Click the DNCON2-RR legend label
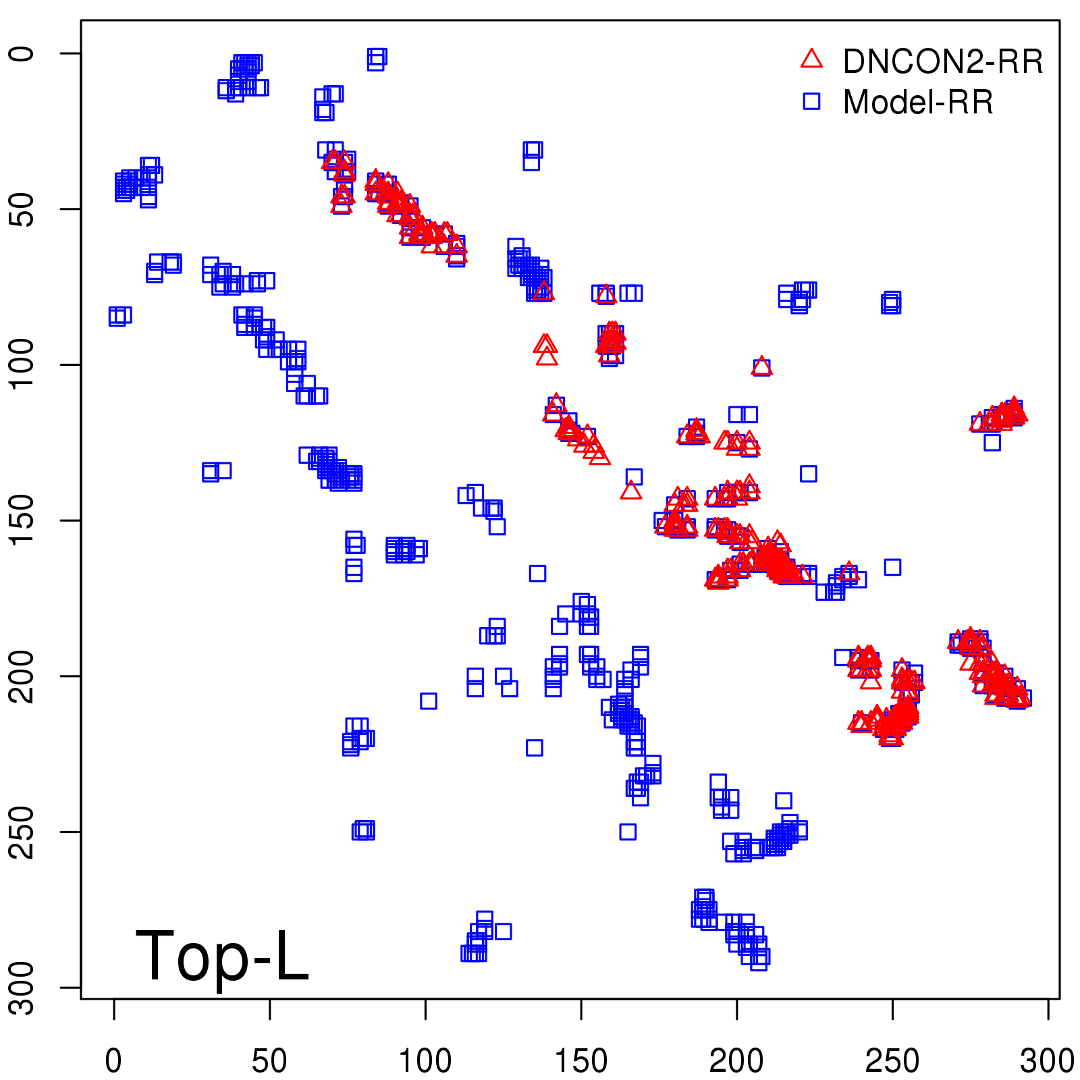point(942,62)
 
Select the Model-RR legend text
point(918,103)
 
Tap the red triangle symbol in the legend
point(811,59)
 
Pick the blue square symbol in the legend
point(811,101)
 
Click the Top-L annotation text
point(222,956)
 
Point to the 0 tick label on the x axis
point(113,1061)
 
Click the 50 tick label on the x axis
point(269,1061)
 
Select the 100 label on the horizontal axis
point(425,1061)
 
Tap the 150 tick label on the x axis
point(580,1061)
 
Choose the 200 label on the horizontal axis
point(736,1061)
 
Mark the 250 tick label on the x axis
point(892,1061)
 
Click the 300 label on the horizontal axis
point(1048,1061)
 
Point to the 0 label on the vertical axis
point(23,53)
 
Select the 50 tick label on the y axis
point(23,209)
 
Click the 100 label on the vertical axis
point(23,364)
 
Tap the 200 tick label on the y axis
point(23,676)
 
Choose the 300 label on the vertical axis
point(23,988)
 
